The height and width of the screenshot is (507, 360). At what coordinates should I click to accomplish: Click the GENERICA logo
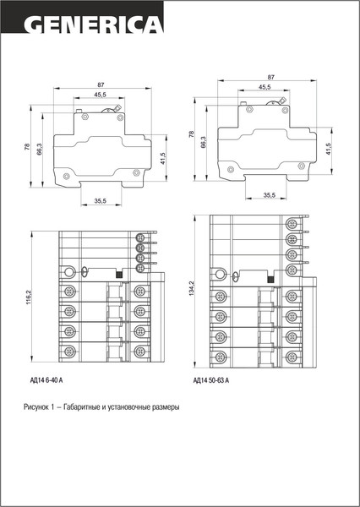click(93, 25)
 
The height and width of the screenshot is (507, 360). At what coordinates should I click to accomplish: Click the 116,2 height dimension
click(29, 297)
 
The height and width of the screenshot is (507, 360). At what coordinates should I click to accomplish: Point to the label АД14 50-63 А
click(211, 380)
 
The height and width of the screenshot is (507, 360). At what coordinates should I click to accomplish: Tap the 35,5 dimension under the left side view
click(101, 201)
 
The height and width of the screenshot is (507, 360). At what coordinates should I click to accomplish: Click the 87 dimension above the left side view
click(101, 84)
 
